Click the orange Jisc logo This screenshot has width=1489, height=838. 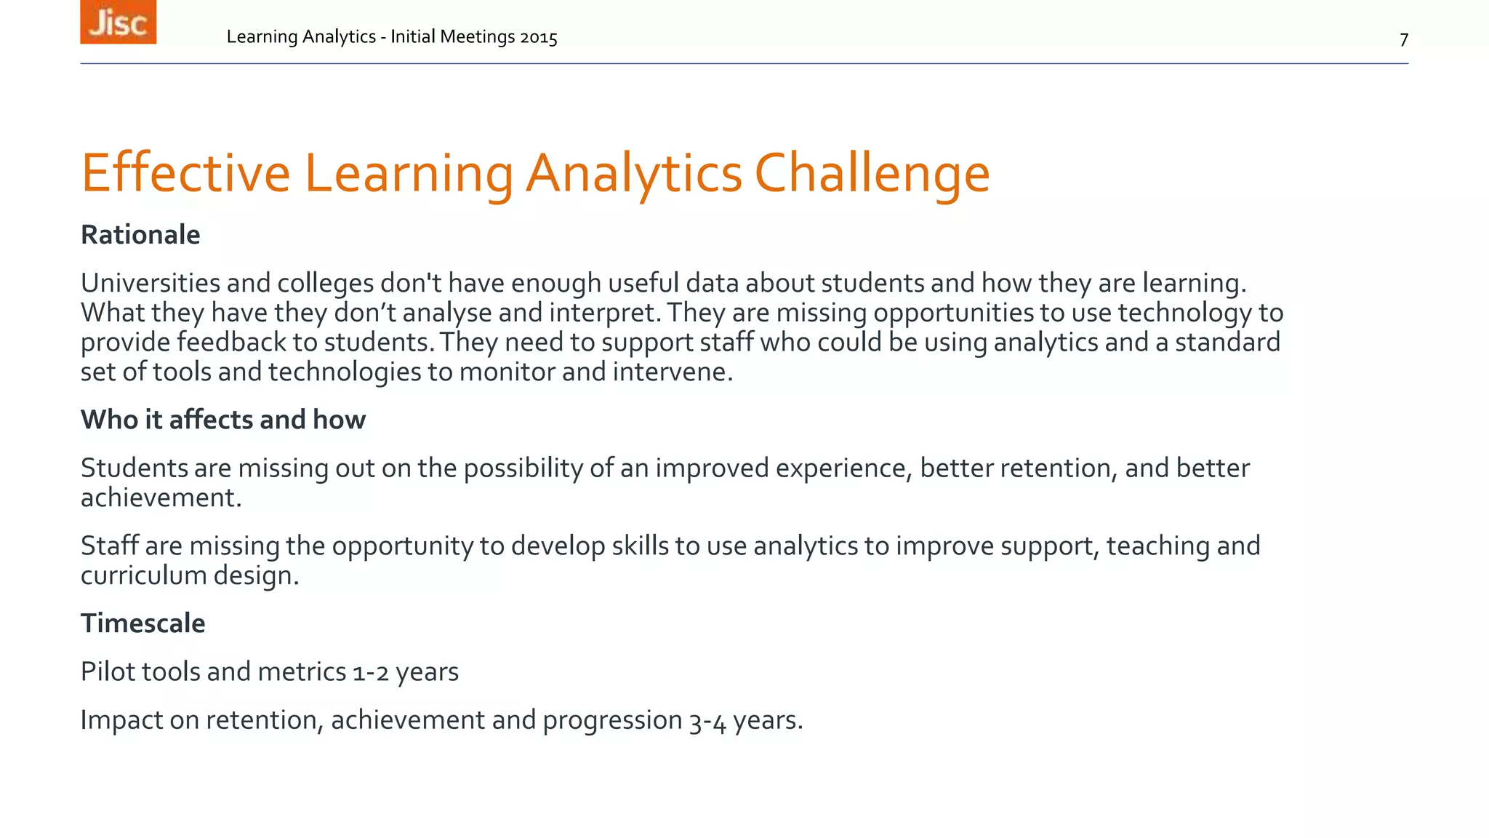coord(118,22)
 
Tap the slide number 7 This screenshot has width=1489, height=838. coord(1403,39)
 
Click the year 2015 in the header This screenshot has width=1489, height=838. coord(538,37)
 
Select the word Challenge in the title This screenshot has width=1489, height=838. coord(872,175)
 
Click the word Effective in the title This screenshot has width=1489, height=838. coord(185,173)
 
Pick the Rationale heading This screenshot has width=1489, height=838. coord(140,235)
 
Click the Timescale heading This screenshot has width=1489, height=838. coord(143,623)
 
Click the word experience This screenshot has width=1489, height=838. coord(843,468)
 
